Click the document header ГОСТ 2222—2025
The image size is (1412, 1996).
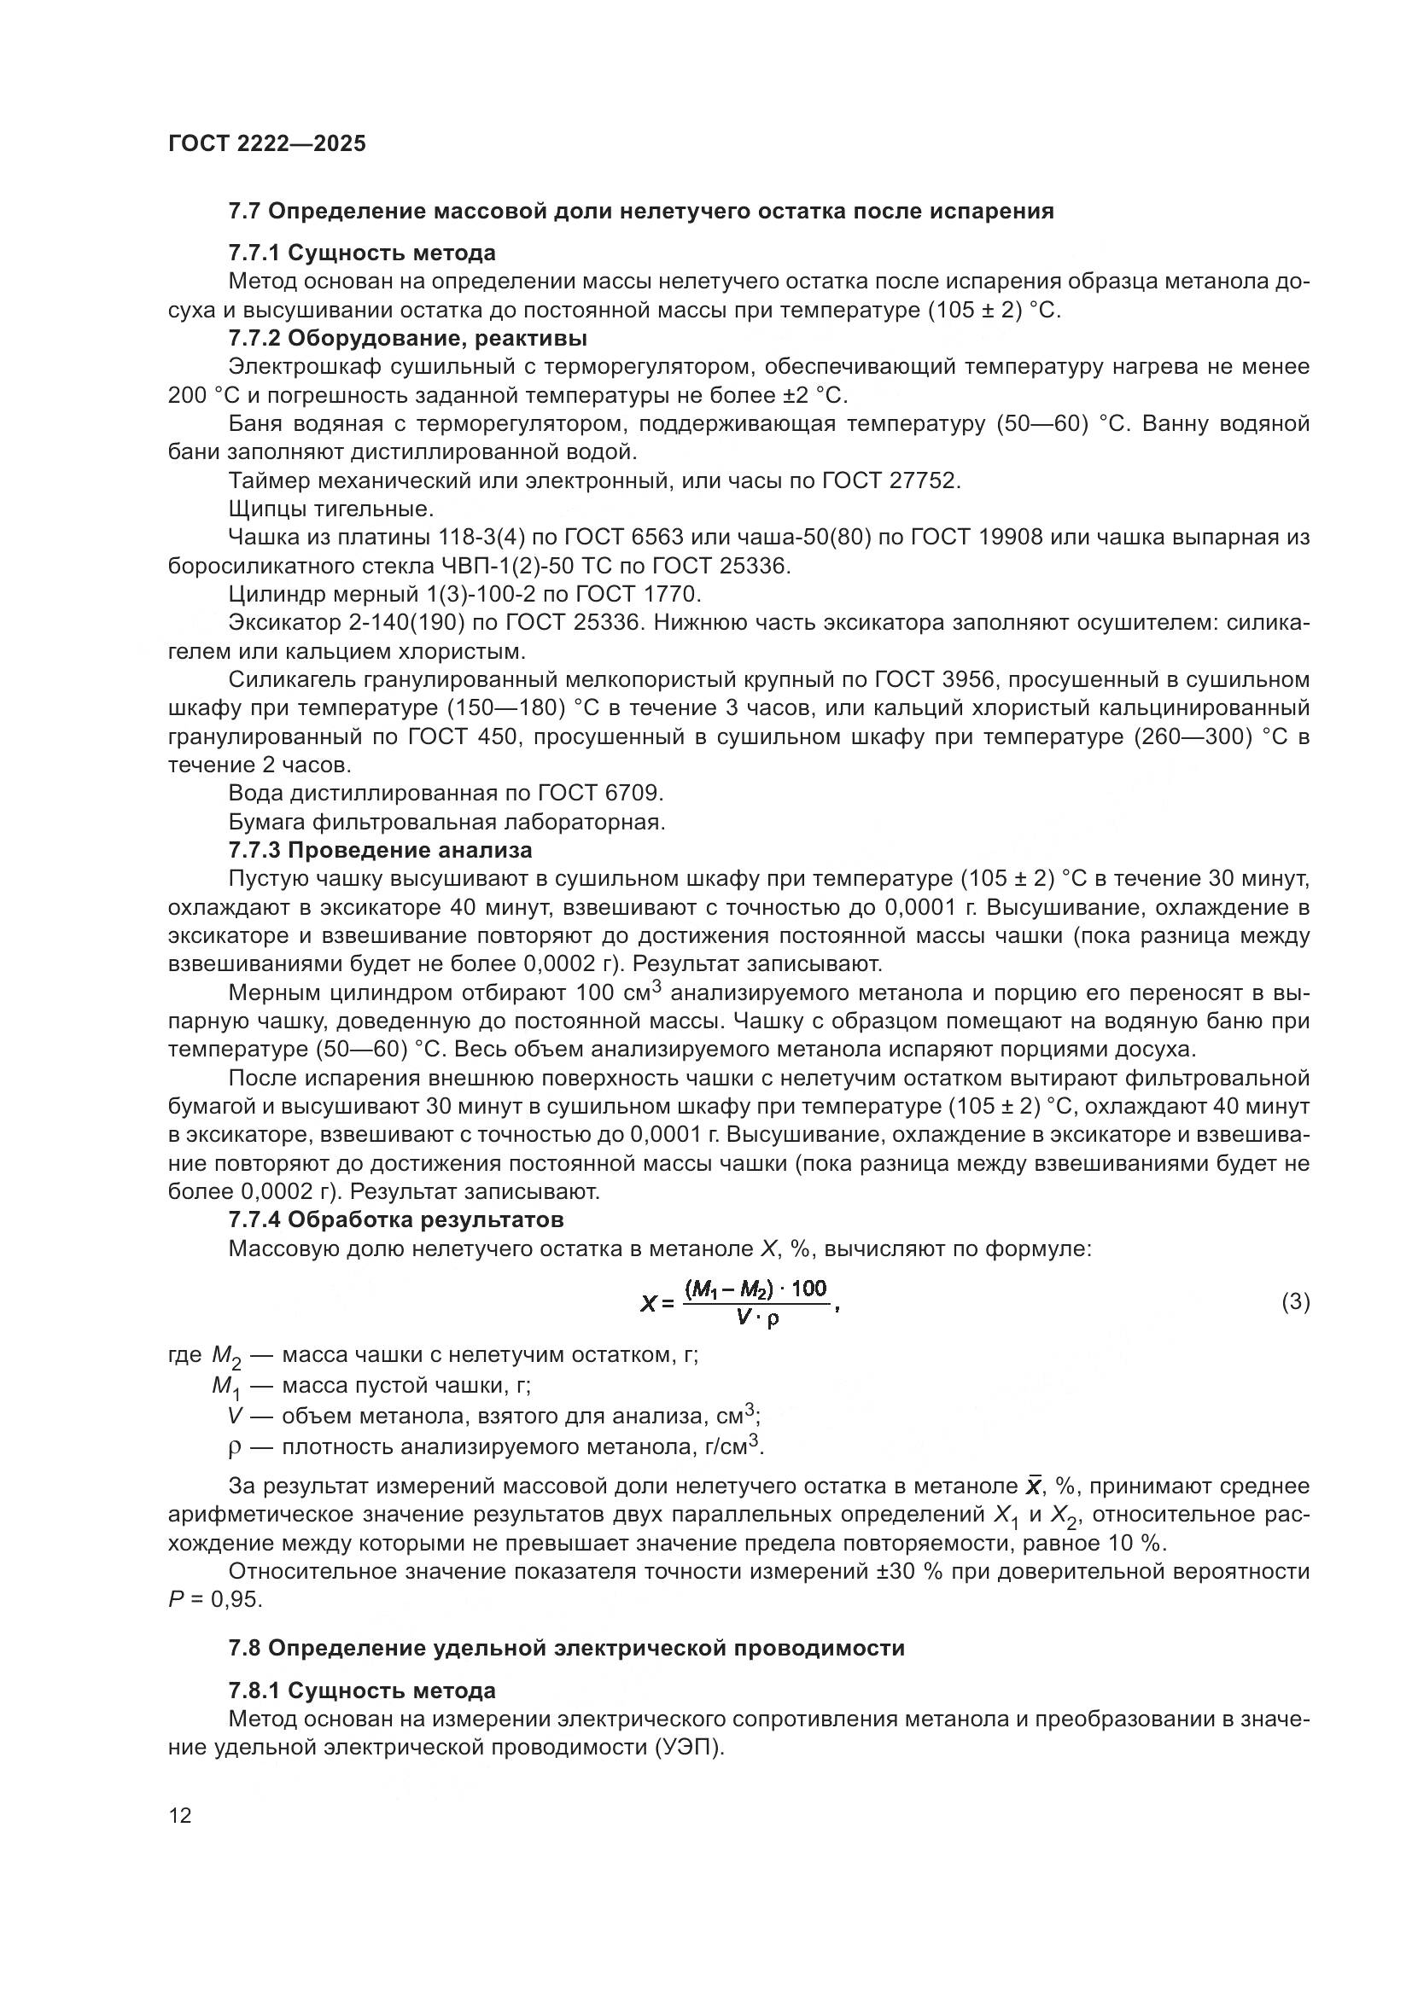click(267, 143)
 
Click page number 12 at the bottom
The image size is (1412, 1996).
click(180, 1815)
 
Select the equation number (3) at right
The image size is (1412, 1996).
click(1296, 1301)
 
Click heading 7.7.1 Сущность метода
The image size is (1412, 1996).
click(362, 253)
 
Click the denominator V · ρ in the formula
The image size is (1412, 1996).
click(757, 1317)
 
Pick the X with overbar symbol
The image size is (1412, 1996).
click(1034, 1486)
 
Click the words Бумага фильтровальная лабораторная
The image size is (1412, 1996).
click(446, 822)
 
